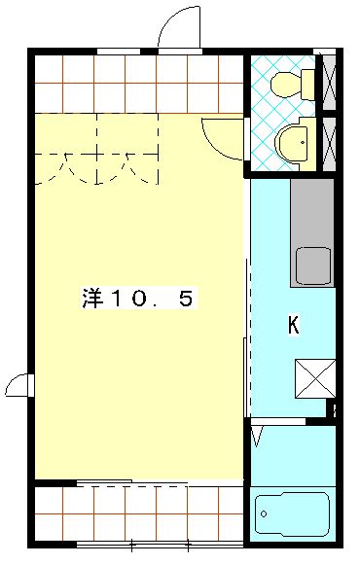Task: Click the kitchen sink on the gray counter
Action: point(313,265)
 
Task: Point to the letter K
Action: point(292,326)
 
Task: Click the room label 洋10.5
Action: point(136,300)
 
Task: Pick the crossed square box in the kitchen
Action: point(315,377)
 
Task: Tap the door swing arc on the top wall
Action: point(179,27)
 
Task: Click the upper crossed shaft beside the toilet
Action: point(330,82)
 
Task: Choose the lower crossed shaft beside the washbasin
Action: point(330,143)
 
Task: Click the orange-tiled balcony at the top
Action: point(136,84)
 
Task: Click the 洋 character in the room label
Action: point(90,300)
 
